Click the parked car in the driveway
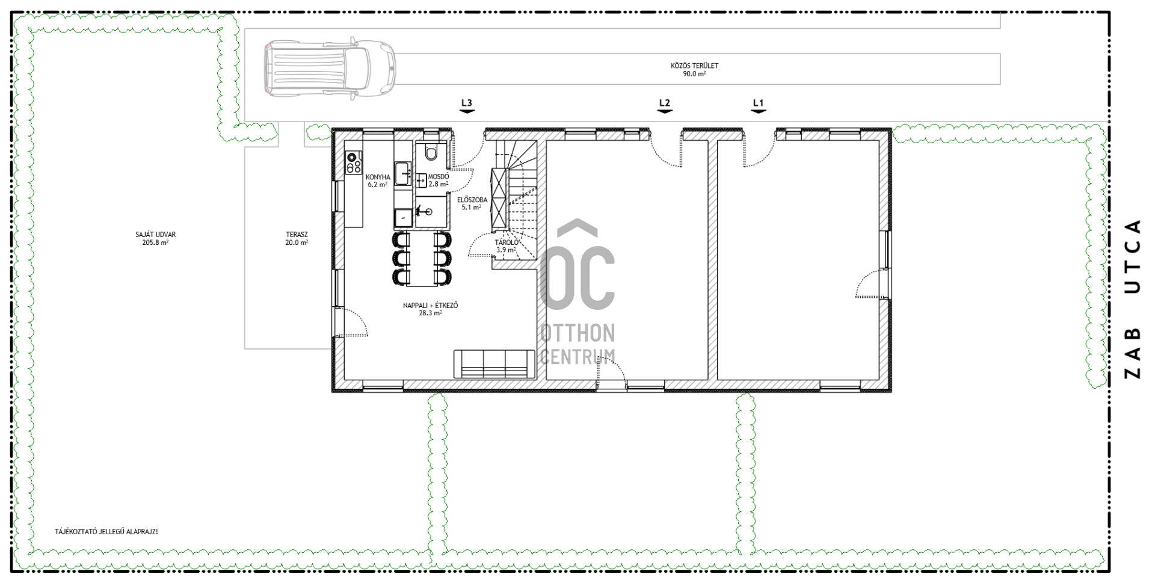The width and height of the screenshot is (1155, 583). pyautogui.click(x=330, y=68)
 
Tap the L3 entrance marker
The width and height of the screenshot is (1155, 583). pyautogui.click(x=467, y=106)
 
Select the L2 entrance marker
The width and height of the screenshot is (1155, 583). pyautogui.click(x=665, y=106)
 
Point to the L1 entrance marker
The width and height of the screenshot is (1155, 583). pyautogui.click(x=759, y=106)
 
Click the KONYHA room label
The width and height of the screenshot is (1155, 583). pyautogui.click(x=378, y=181)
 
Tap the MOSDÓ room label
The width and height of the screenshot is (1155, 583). pyautogui.click(x=438, y=180)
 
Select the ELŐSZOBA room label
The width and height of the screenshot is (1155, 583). pyautogui.click(x=472, y=203)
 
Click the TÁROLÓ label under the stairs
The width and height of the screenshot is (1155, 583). pyautogui.click(x=507, y=246)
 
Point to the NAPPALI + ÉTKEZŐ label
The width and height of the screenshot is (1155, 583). pyautogui.click(x=430, y=309)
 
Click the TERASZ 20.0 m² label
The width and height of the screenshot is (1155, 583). pyautogui.click(x=297, y=239)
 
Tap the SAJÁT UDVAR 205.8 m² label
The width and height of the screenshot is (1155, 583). pyautogui.click(x=155, y=239)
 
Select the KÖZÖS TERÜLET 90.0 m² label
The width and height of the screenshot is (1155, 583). pyautogui.click(x=694, y=70)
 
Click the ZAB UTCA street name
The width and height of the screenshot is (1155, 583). pyautogui.click(x=1133, y=298)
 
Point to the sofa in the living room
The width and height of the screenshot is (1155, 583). pyautogui.click(x=494, y=364)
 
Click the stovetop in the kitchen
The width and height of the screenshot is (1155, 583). pyautogui.click(x=354, y=162)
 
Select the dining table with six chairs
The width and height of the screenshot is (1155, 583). pyautogui.click(x=422, y=258)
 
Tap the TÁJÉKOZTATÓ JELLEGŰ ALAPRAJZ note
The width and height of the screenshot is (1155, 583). pyautogui.click(x=106, y=532)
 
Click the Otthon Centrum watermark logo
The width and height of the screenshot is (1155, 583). pyautogui.click(x=577, y=292)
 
